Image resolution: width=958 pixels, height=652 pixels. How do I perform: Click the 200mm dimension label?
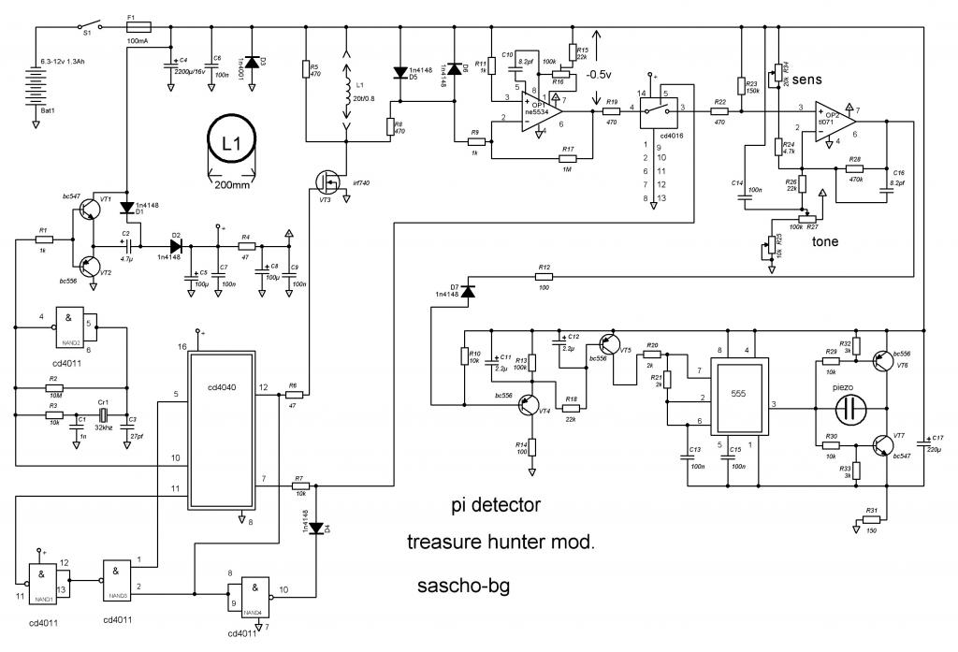click(x=230, y=185)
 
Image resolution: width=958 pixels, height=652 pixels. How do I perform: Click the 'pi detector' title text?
click(x=493, y=506)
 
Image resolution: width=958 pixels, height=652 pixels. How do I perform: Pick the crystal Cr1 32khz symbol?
click(x=104, y=414)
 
